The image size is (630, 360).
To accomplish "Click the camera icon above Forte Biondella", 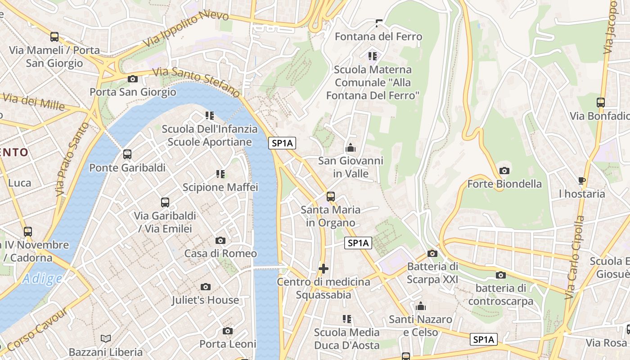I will click(504, 171).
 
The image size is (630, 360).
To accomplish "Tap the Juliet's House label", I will click(205, 300).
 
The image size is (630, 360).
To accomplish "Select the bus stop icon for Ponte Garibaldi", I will click(127, 154).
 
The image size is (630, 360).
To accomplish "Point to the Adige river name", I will click(43, 279).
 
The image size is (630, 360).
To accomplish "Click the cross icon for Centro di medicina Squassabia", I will click(323, 269).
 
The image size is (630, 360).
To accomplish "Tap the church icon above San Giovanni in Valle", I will click(350, 147).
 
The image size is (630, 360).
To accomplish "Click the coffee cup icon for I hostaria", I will click(582, 181).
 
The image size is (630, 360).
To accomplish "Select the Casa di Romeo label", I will click(220, 253).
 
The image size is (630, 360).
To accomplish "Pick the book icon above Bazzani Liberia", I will click(106, 338).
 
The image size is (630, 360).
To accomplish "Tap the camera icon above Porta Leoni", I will click(228, 331).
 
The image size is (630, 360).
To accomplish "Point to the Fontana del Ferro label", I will click(378, 36).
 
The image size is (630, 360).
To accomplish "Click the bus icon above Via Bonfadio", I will click(601, 102).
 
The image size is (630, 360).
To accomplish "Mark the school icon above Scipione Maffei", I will click(220, 174).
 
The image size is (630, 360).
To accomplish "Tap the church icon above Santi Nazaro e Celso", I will click(421, 306).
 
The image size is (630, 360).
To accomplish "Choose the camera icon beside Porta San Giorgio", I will click(133, 79).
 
